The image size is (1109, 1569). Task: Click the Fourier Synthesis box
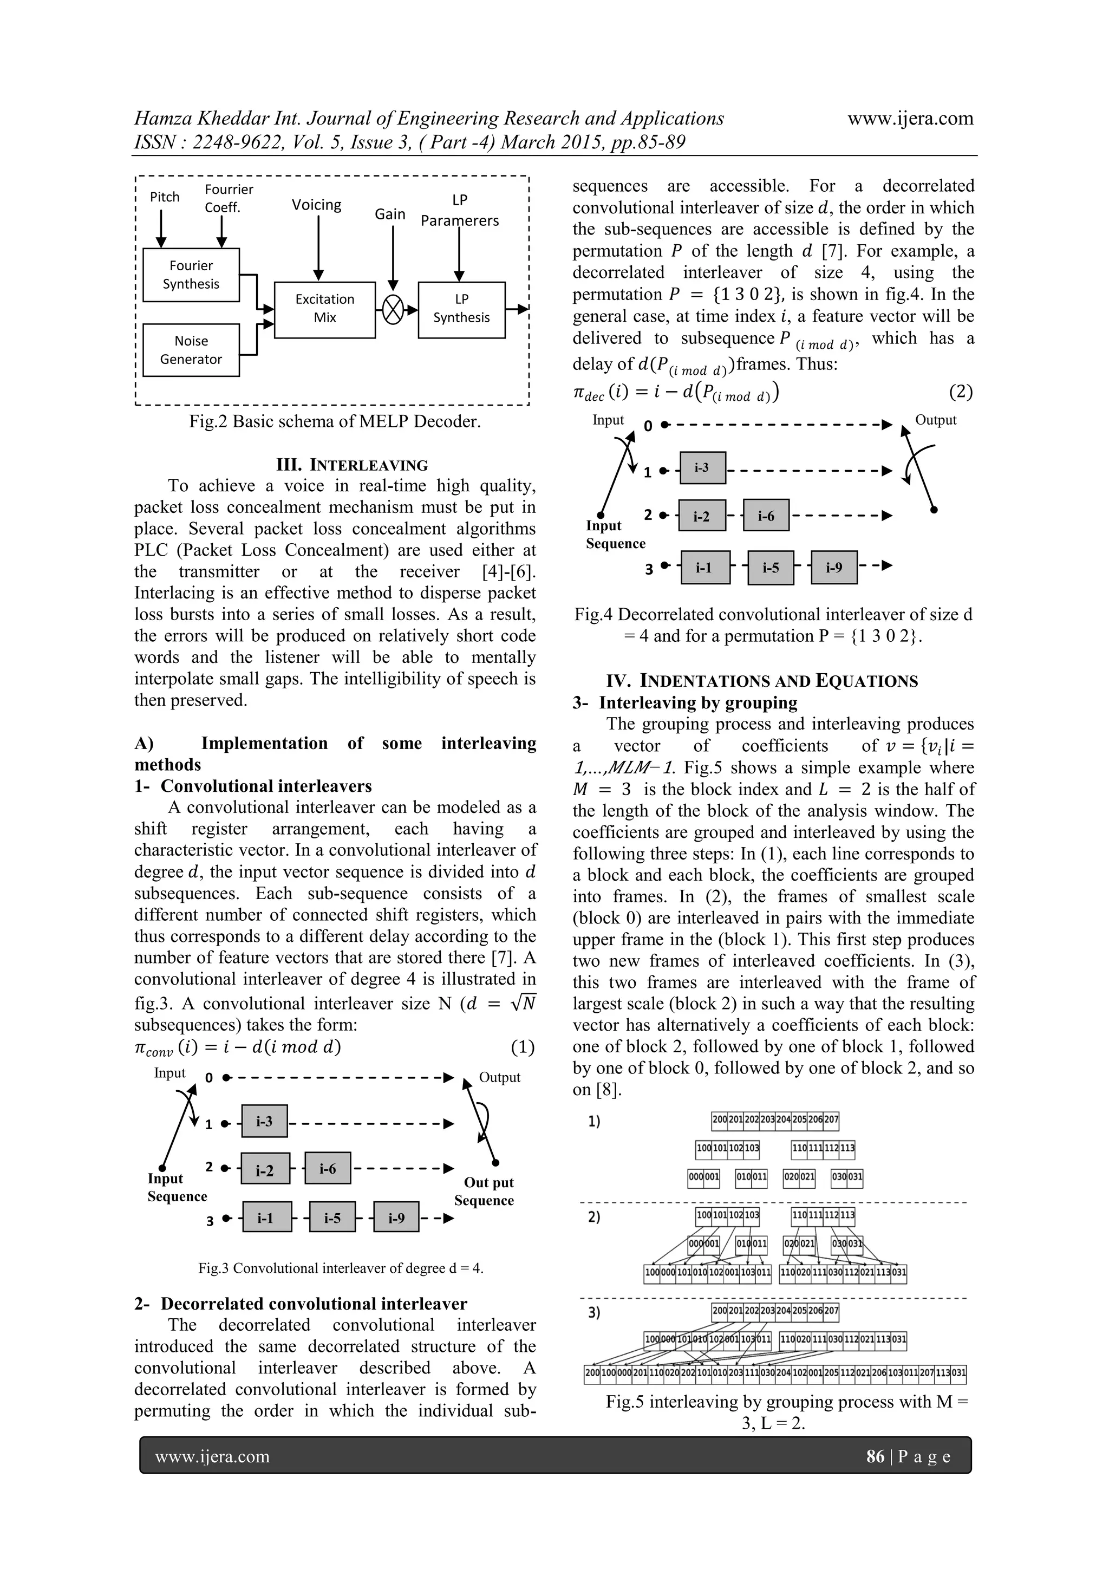[191, 275]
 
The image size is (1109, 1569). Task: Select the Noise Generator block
[191, 350]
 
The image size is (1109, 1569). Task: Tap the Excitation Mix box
[324, 309]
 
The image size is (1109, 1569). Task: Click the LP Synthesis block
[461, 309]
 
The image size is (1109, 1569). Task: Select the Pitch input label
[165, 197]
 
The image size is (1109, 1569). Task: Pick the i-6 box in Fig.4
[766, 516]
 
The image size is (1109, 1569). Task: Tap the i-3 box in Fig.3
[264, 1121]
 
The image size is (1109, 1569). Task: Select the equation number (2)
[960, 392]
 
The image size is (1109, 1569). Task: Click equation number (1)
[522, 1047]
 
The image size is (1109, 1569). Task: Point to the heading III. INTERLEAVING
[351, 465]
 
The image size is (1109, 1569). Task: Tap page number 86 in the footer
[875, 1456]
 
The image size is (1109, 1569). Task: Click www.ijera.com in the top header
[910, 118]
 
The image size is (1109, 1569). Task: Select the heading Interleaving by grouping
[697, 702]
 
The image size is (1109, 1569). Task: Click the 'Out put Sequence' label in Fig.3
[484, 1191]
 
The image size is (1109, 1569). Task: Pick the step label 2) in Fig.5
[594, 1217]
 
